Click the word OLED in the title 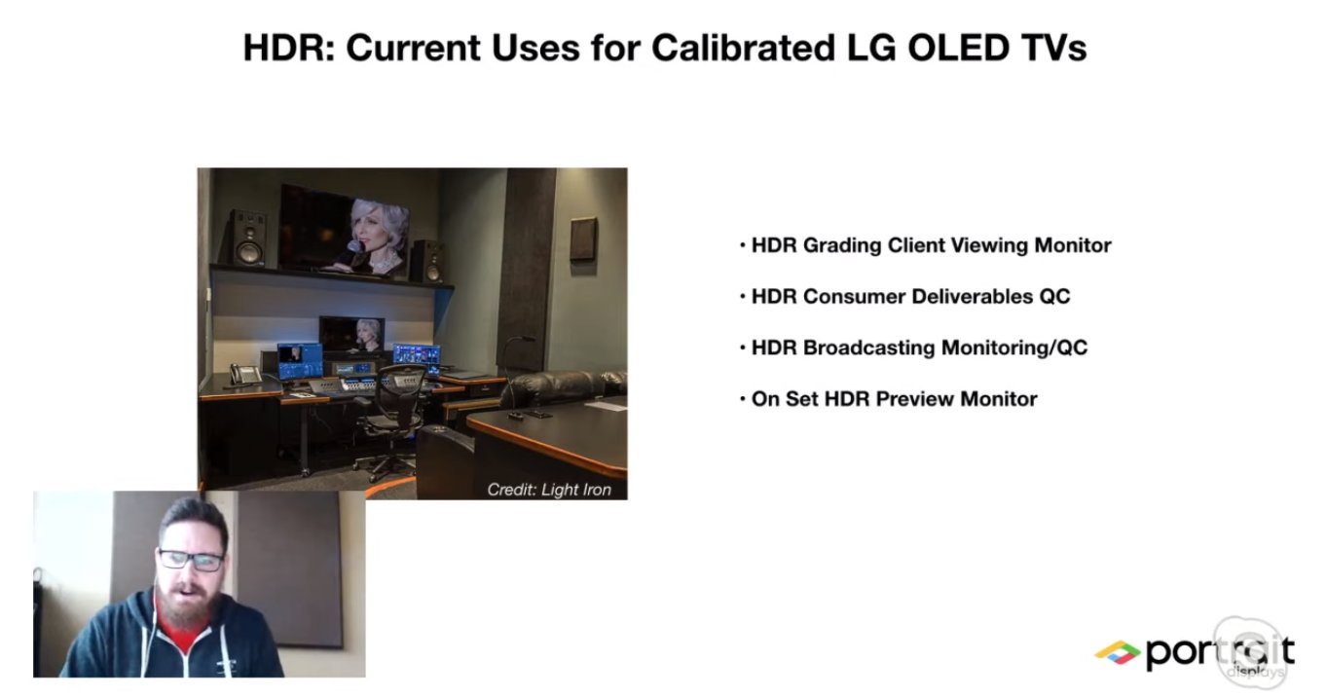[x=958, y=48]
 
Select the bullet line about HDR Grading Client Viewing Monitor [x=926, y=245]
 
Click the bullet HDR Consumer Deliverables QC [x=905, y=296]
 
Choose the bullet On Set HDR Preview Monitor [x=889, y=399]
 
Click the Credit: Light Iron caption [x=549, y=490]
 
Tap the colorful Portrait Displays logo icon [x=1118, y=652]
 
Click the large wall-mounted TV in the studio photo [x=344, y=230]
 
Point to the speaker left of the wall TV [x=248, y=238]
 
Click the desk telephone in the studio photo [x=245, y=374]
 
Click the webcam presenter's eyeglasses [x=191, y=560]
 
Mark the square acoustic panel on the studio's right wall [x=584, y=239]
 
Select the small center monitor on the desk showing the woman [x=351, y=334]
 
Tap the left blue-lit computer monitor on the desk [x=300, y=361]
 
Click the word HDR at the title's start [x=288, y=48]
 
